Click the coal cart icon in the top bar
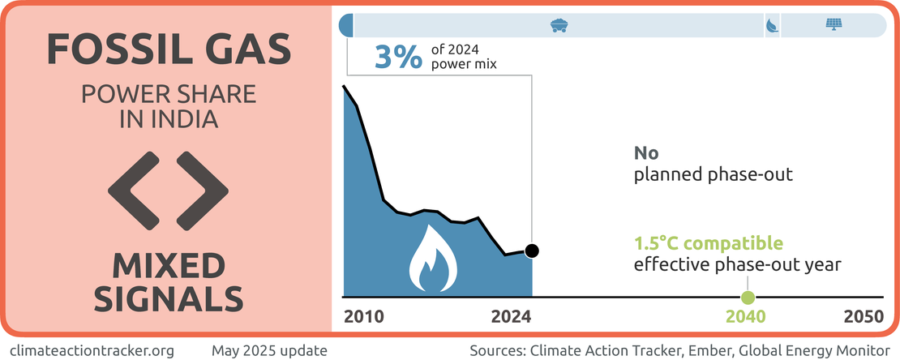click(559, 25)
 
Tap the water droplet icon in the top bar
click(771, 26)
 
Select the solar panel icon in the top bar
click(833, 25)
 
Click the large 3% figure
click(398, 57)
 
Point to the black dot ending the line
click(532, 251)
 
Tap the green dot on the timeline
click(748, 298)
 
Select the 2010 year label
click(365, 317)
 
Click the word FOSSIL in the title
click(113, 49)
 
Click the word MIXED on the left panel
click(168, 264)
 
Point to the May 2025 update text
click(269, 350)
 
